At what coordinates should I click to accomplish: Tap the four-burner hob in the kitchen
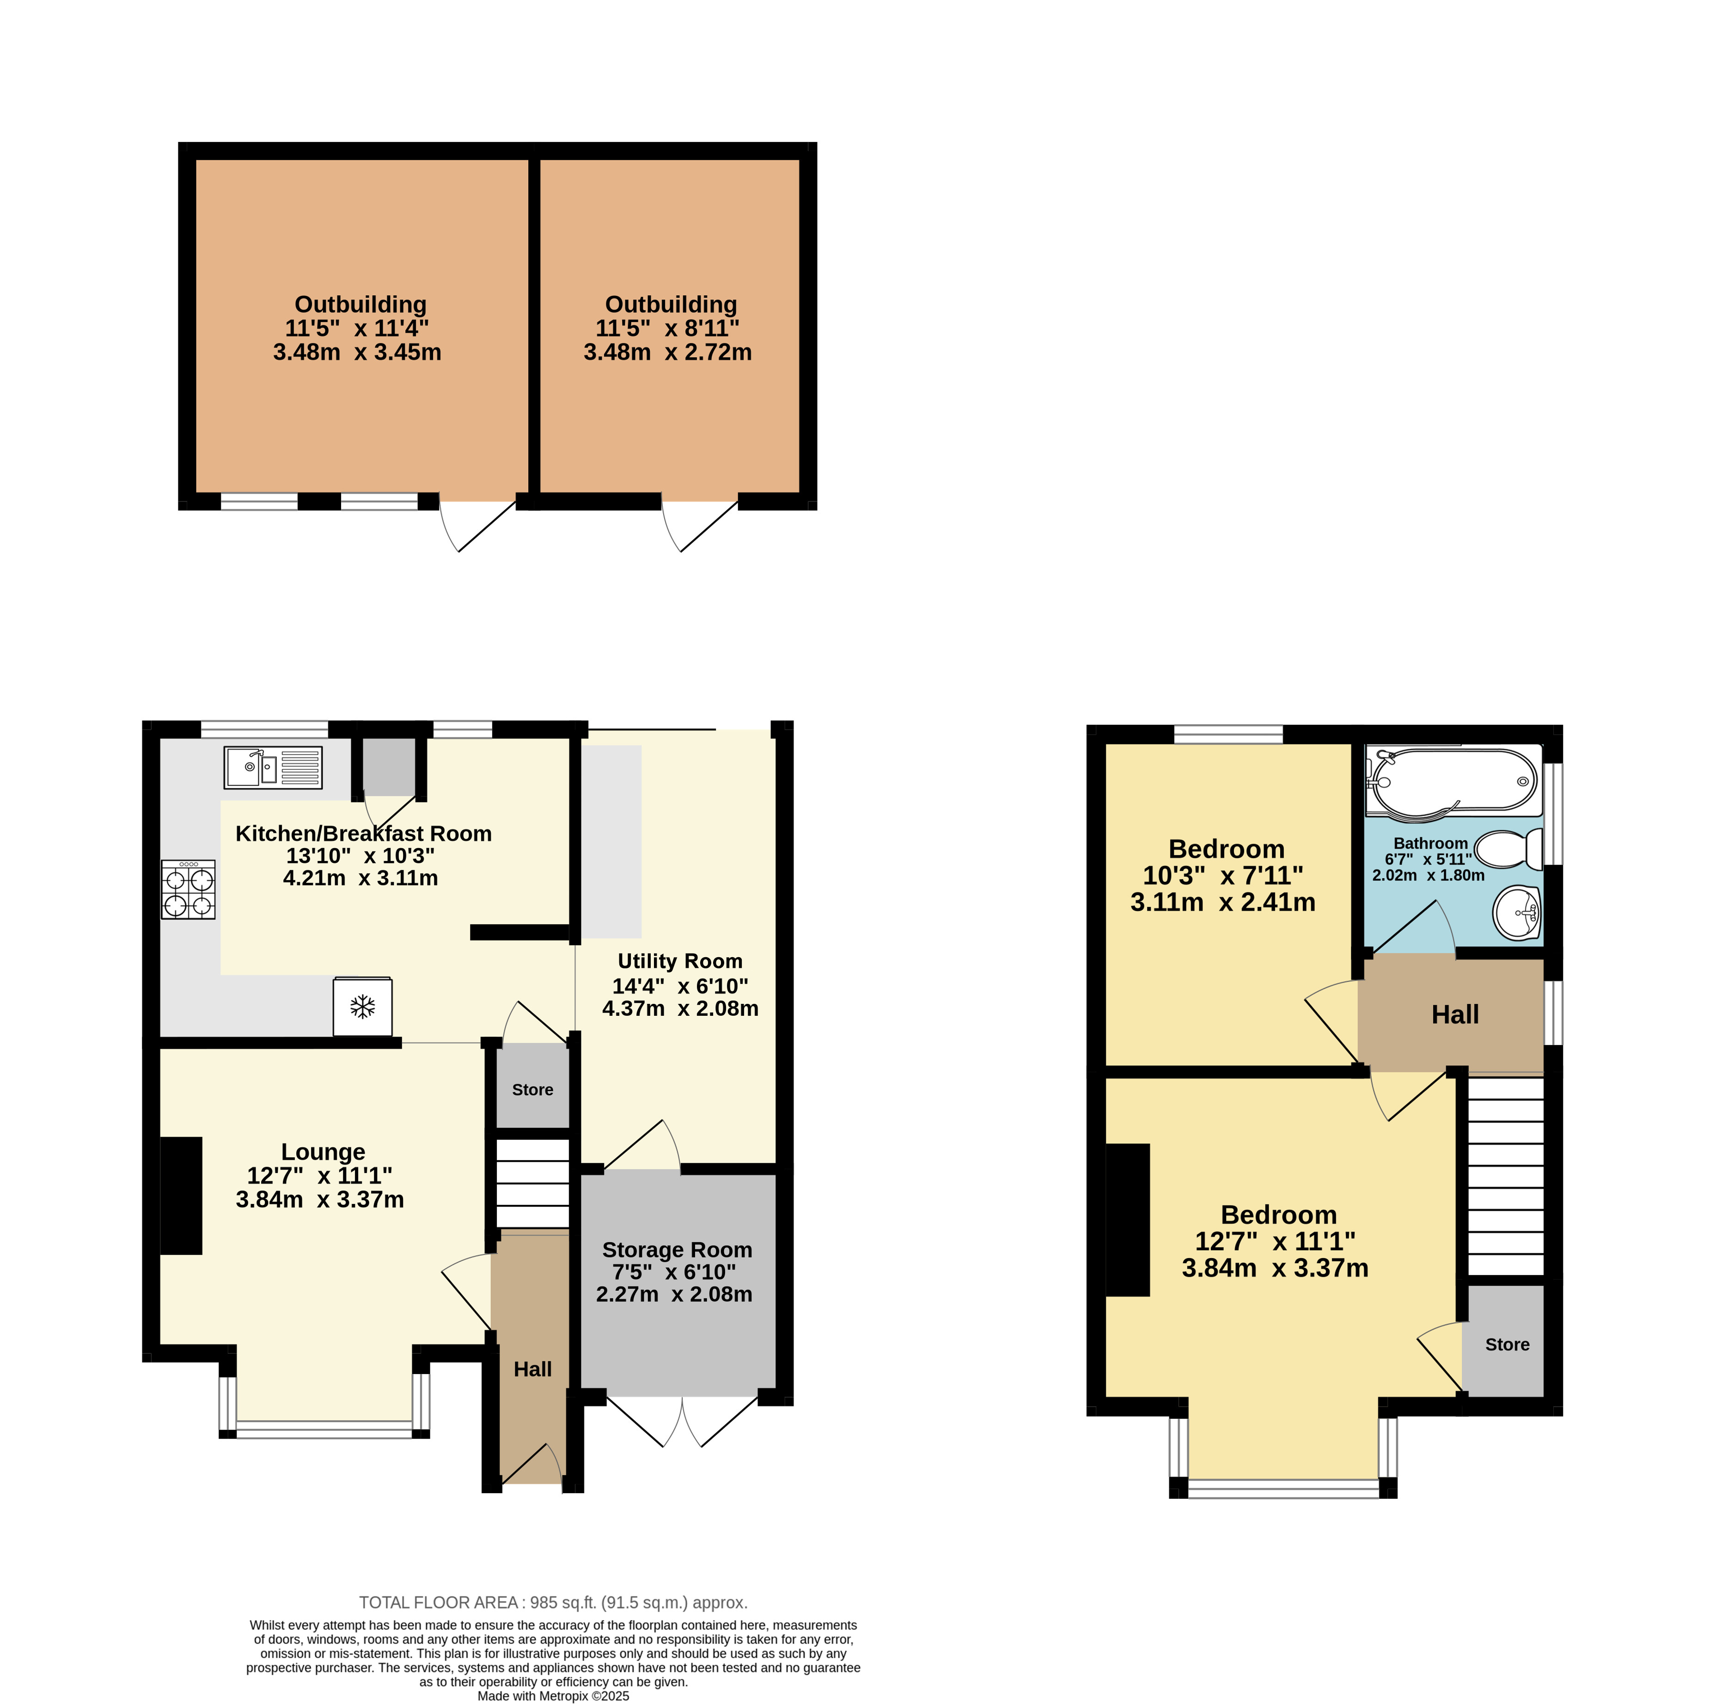(188, 889)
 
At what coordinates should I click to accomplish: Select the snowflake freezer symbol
(362, 1007)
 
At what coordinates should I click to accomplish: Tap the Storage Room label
(677, 1250)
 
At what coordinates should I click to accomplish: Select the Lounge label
(324, 1152)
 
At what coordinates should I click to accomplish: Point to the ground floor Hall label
(533, 1369)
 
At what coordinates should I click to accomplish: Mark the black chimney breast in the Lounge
(181, 1196)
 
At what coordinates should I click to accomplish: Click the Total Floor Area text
(553, 1603)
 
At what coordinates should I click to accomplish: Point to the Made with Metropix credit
(553, 1696)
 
